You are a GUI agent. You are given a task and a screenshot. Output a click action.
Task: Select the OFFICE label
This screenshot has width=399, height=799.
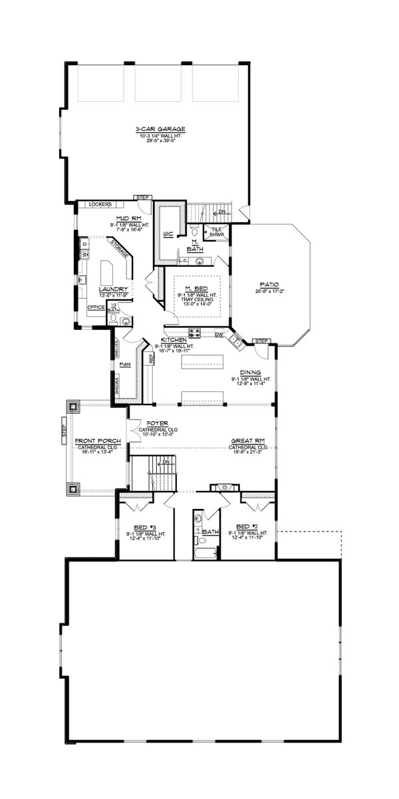click(x=96, y=307)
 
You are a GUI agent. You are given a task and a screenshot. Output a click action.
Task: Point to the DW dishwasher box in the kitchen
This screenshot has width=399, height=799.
click(x=219, y=335)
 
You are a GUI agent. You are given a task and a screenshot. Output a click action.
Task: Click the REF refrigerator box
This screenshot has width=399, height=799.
click(x=151, y=358)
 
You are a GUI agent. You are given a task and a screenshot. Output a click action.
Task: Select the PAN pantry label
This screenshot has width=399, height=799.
click(x=124, y=365)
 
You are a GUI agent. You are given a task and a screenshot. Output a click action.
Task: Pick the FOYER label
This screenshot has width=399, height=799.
click(x=149, y=422)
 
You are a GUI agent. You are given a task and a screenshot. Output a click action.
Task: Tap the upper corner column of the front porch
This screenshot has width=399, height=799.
click(x=72, y=406)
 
